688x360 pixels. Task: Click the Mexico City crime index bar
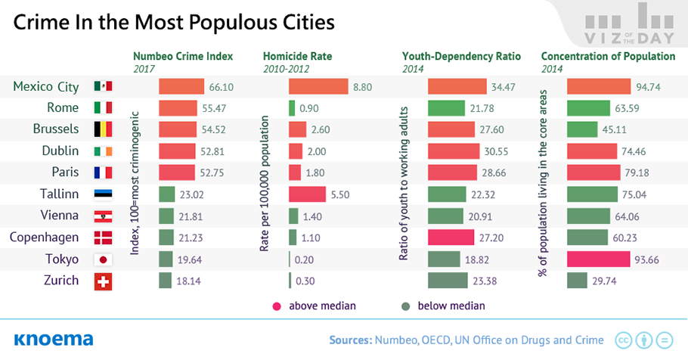point(181,87)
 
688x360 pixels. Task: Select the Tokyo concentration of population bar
point(598,259)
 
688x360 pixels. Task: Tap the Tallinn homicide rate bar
point(307,194)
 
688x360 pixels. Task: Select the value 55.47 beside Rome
point(215,108)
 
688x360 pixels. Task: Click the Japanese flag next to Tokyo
point(103,259)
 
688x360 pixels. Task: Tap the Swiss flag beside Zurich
point(103,281)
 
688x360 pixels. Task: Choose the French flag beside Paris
point(103,173)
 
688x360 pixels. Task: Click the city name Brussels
point(56,129)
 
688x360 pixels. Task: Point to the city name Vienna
point(60,216)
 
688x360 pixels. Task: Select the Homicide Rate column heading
point(297,56)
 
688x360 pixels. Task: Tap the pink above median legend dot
point(277,306)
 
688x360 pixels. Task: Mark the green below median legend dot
point(405,306)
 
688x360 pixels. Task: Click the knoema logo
point(53,339)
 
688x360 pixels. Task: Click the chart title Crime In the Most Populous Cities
point(174,23)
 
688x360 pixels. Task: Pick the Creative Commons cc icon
point(623,340)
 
